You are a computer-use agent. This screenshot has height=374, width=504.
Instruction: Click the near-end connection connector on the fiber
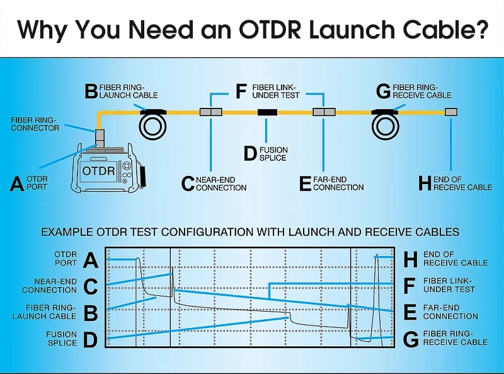210,112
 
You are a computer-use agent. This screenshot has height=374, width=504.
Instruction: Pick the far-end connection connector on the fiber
324,112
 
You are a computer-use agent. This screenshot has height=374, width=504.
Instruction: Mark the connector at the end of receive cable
451,112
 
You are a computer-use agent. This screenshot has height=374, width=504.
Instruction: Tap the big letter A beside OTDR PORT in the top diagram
18,184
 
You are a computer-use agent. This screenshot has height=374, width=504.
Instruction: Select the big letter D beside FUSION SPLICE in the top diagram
250,153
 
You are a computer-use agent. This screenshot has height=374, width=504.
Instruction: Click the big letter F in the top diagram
241,91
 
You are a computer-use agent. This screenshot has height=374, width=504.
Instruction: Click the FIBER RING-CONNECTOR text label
35,124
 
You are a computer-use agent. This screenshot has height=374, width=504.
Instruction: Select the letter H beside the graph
411,259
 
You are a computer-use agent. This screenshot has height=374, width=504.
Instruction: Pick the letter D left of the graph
91,340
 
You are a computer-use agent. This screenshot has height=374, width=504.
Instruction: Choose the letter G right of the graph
411,340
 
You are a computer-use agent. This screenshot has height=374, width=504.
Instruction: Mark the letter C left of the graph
91,286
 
